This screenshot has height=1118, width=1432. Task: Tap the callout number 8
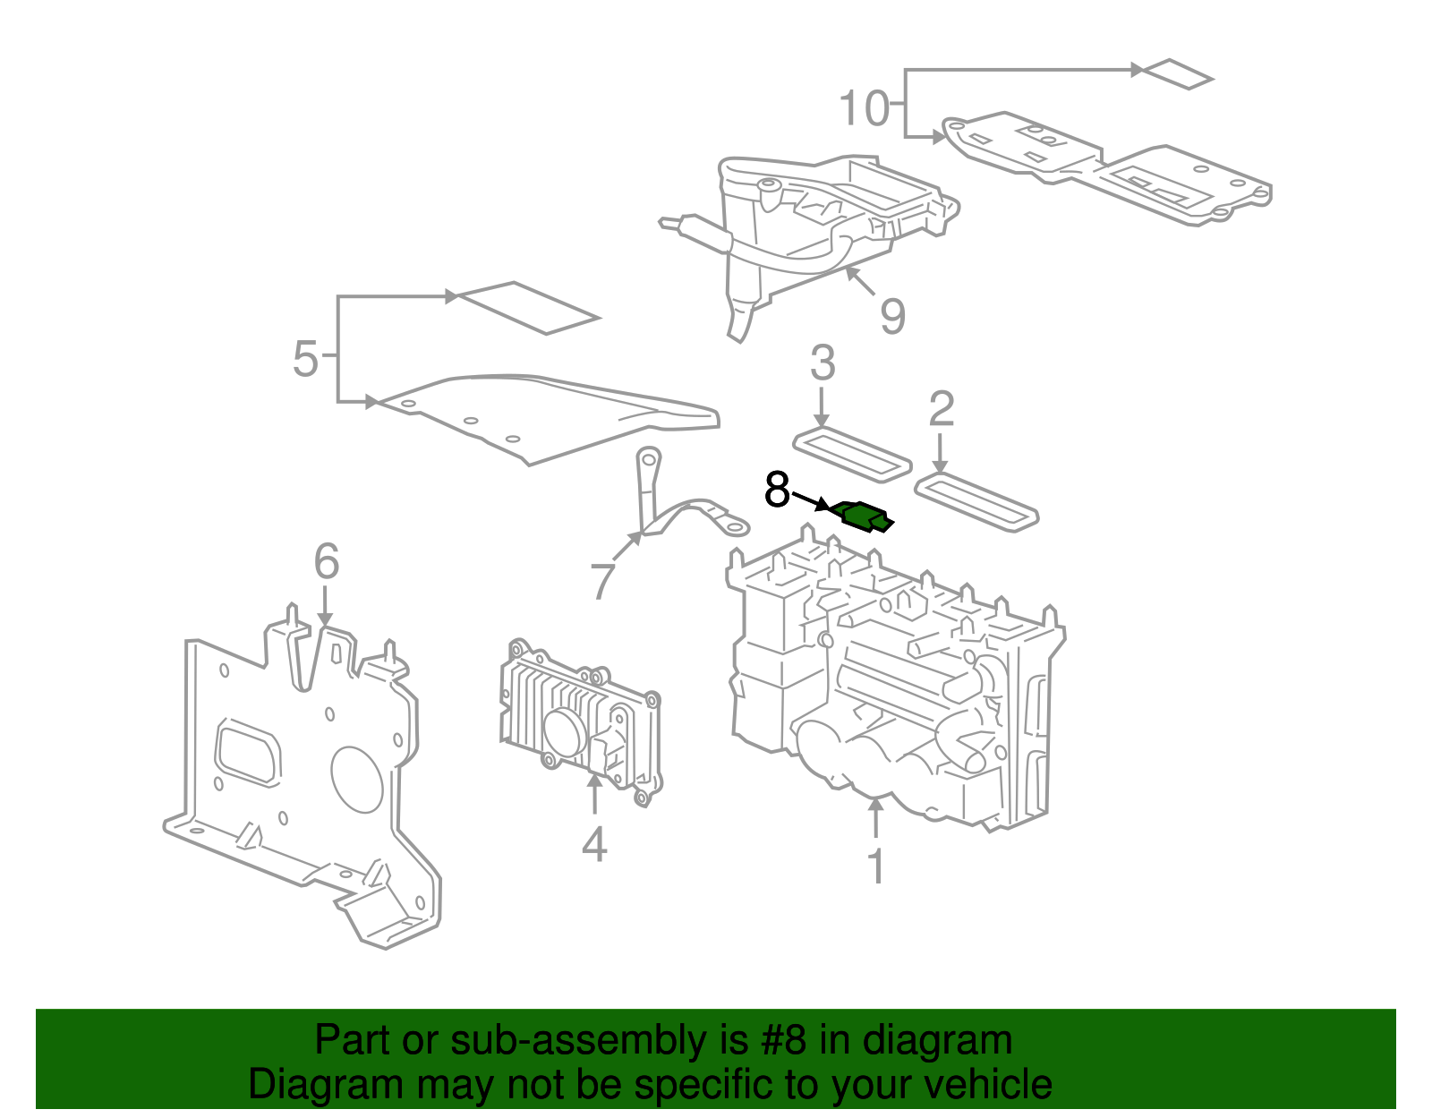pyautogui.click(x=777, y=491)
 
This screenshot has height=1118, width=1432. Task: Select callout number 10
pyautogui.click(x=864, y=108)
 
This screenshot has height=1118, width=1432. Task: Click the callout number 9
pyautogui.click(x=892, y=316)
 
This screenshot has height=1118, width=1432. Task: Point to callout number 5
pyautogui.click(x=305, y=359)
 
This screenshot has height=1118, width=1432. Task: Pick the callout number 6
pyautogui.click(x=327, y=561)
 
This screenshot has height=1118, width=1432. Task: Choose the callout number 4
pyautogui.click(x=594, y=843)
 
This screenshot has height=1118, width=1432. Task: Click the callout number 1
pyautogui.click(x=876, y=866)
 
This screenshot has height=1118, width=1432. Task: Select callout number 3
pyautogui.click(x=823, y=363)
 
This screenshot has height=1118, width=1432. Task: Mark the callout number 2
pyautogui.click(x=941, y=409)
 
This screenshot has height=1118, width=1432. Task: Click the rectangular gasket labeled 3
pyautogui.click(x=852, y=455)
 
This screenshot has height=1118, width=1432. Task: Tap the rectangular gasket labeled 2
pyautogui.click(x=976, y=503)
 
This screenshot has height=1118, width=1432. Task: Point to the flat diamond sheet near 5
pyautogui.click(x=528, y=308)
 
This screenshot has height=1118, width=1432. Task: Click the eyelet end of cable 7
pyautogui.click(x=735, y=525)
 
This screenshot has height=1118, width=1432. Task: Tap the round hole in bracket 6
pyautogui.click(x=357, y=778)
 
